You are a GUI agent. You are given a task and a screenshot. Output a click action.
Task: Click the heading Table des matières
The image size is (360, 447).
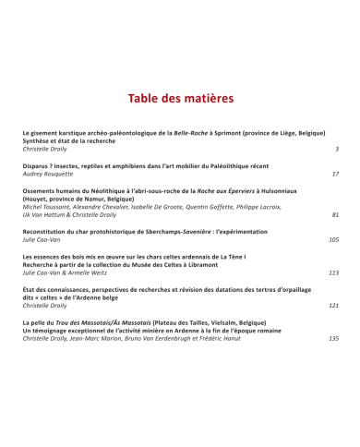coord(180,98)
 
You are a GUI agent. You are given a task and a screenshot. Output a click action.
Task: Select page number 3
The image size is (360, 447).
coord(337,149)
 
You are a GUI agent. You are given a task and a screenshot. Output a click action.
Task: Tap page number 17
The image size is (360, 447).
coord(335,174)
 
